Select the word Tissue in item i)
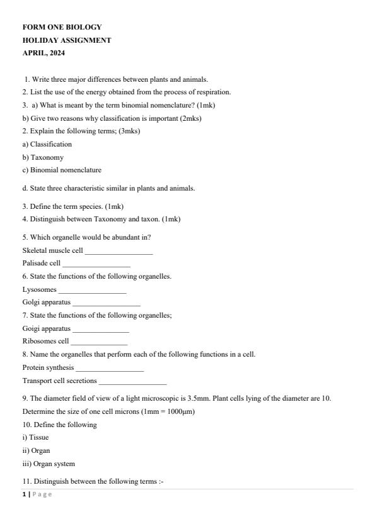tap(39, 437)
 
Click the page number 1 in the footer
tap(24, 494)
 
